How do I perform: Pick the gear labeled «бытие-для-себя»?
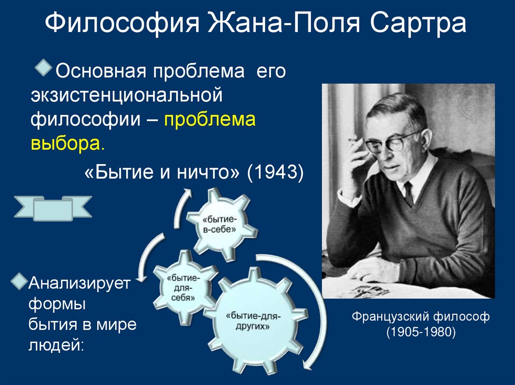[179, 287]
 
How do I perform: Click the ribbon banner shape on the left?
[53, 207]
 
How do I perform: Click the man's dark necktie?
[408, 194]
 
